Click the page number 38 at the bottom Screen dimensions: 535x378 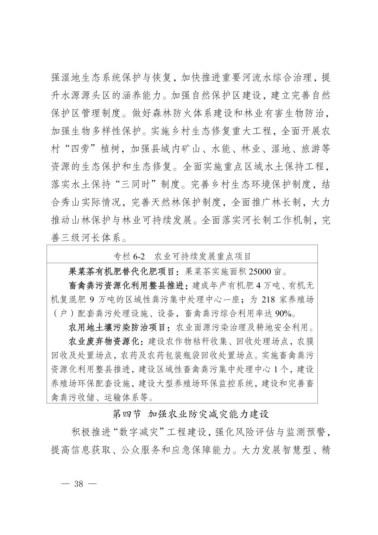pyautogui.click(x=78, y=484)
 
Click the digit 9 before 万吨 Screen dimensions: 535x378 pyautogui.click(x=92, y=299)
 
